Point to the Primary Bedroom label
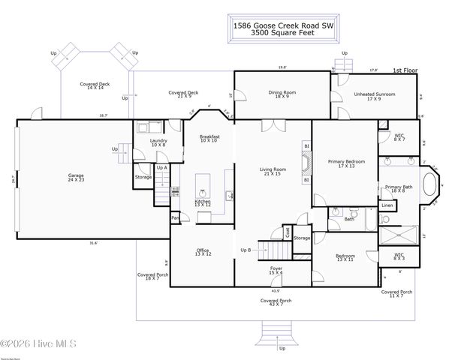345,163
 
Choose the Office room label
203,252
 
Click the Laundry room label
158,142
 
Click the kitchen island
203,184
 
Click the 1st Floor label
403,70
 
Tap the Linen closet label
387,205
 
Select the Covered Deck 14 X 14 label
95,85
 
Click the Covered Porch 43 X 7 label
276,301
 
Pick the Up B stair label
246,249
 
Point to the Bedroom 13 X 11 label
345,257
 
